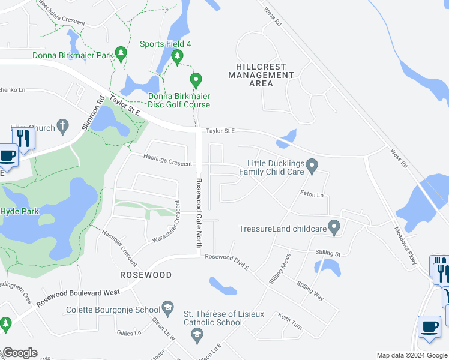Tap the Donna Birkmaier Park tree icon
121,54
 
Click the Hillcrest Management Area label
261,75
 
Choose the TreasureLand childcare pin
335,227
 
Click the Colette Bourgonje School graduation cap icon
169,307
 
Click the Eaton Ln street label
312,194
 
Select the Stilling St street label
328,254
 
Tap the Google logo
19,353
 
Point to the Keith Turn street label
290,321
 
